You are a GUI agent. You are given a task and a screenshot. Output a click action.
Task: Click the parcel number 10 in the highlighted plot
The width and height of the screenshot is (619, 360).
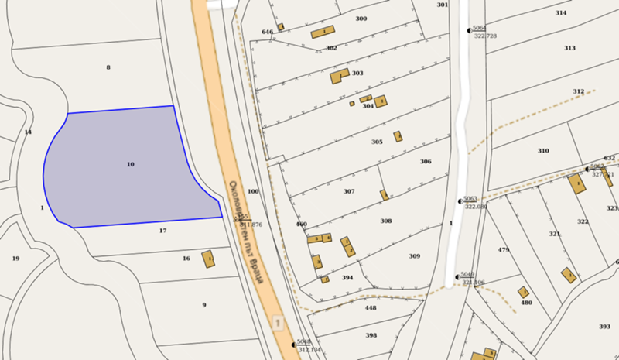click(130, 164)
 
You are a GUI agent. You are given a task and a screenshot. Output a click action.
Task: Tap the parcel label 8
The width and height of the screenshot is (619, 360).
click(108, 67)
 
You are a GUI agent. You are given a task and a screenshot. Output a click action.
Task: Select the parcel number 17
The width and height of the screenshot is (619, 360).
click(162, 231)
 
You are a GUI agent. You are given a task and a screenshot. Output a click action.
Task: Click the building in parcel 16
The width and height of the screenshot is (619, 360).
click(208, 259)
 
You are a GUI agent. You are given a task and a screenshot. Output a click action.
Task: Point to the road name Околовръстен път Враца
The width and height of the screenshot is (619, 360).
click(247, 232)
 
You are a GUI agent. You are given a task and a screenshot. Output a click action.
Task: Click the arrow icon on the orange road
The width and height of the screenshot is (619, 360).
click(278, 321)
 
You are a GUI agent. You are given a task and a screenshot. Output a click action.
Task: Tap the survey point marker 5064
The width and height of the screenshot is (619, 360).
click(469, 30)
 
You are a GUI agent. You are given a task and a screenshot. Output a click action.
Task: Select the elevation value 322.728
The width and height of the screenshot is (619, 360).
click(485, 36)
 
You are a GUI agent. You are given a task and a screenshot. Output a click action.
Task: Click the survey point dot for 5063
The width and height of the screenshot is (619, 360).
click(459, 201)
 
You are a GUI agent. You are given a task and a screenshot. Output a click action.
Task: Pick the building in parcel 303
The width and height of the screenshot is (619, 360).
click(339, 76)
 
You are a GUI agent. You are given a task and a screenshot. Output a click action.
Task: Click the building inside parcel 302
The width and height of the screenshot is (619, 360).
click(323, 33)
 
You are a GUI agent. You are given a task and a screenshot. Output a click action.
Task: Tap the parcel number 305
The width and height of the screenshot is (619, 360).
click(377, 142)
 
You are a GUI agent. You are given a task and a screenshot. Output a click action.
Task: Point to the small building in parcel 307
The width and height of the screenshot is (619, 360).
click(384, 194)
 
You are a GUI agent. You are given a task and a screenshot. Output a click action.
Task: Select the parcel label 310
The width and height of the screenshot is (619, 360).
click(543, 150)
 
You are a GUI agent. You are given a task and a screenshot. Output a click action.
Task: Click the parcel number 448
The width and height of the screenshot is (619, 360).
click(371, 307)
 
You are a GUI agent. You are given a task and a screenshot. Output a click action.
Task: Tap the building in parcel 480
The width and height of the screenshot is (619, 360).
click(523, 293)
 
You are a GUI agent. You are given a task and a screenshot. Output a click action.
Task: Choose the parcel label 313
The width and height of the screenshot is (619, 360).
click(569, 48)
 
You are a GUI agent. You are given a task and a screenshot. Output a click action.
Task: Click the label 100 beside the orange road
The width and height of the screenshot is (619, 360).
click(253, 190)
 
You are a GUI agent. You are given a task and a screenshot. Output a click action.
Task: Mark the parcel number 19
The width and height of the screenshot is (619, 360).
click(15, 258)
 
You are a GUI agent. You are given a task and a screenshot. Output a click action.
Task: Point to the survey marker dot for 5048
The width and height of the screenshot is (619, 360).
click(295, 344)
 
